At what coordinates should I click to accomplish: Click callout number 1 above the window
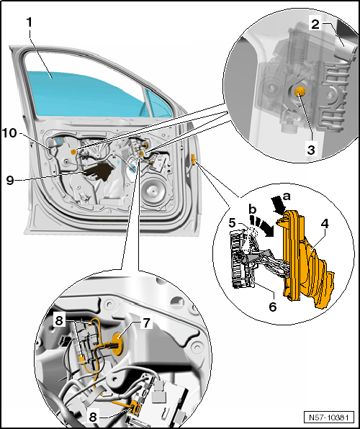(x=30, y=22)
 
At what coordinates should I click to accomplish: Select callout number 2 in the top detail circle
(x=315, y=24)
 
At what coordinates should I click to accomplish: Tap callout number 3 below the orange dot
(x=311, y=150)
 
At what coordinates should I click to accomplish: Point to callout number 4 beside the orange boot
(x=325, y=225)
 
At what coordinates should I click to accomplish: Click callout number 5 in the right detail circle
(x=232, y=223)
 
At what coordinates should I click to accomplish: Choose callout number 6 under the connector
(x=273, y=307)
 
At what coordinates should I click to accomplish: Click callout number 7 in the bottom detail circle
(x=146, y=323)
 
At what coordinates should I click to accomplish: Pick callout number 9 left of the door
(x=10, y=180)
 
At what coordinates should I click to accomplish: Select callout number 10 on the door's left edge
(x=9, y=133)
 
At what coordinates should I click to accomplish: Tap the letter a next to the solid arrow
(x=286, y=196)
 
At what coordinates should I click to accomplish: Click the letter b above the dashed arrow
(x=253, y=209)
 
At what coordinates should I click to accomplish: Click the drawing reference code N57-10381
(x=329, y=417)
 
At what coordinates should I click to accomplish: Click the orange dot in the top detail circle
(x=300, y=91)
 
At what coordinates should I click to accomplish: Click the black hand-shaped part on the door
(x=99, y=171)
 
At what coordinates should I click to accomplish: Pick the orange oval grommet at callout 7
(x=118, y=343)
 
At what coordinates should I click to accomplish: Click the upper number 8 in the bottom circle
(x=60, y=320)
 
